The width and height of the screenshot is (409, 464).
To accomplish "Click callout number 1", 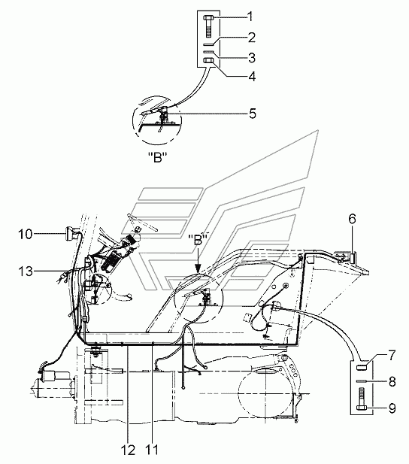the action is [250, 17].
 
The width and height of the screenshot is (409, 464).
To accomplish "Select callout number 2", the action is [251, 38].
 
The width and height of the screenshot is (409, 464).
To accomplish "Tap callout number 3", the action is [252, 58].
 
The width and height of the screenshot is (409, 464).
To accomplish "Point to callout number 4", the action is [252, 77].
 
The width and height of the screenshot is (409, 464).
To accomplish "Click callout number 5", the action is [252, 114].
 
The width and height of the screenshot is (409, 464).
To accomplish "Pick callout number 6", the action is [352, 220].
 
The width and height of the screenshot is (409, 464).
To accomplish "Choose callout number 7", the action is [392, 356].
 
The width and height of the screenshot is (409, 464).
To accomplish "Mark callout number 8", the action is [392, 381].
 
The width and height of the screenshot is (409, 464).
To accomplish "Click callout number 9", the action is [392, 408].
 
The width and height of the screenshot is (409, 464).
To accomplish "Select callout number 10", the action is [26, 235].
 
